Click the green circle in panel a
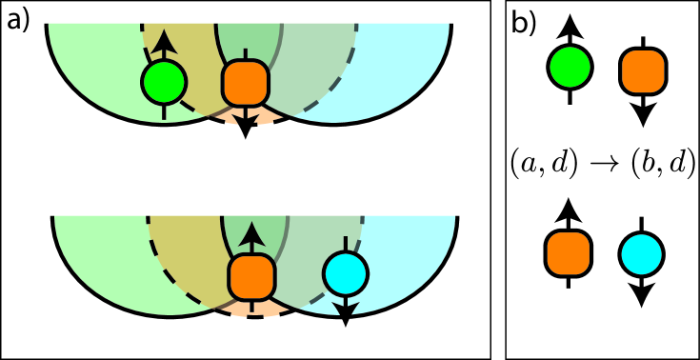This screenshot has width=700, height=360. [x=164, y=83]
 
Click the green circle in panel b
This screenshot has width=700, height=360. [x=570, y=67]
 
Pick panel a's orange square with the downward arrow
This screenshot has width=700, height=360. [x=246, y=84]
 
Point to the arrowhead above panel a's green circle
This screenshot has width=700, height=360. [x=164, y=38]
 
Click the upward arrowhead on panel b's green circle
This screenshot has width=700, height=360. [x=570, y=23]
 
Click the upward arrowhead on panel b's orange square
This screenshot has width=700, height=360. [x=570, y=209]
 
